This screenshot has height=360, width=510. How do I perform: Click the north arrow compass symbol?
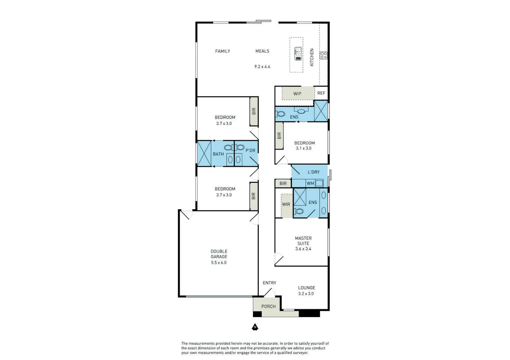point(255,327)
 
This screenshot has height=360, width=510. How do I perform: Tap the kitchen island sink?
point(298,54)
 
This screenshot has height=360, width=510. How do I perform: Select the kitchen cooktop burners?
point(323,55)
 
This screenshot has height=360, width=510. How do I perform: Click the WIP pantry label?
point(297,94)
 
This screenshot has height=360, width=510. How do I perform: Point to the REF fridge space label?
point(321,93)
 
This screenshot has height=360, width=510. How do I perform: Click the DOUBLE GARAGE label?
point(219,254)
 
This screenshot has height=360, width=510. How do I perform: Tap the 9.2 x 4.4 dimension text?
point(262,67)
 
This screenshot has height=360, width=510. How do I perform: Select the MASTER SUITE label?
point(303,241)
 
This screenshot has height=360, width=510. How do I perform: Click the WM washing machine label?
point(310,183)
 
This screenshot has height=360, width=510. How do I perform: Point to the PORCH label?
point(269,306)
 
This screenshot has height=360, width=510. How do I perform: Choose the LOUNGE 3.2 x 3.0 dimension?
point(306,294)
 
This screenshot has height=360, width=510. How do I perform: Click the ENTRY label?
point(269,283)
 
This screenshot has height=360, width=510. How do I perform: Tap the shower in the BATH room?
point(204,154)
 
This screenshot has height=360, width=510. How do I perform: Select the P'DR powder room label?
point(250,150)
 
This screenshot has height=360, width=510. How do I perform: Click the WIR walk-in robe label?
point(286,204)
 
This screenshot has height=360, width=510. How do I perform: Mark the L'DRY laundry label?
point(314,172)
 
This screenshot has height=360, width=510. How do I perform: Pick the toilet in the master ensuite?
point(299,211)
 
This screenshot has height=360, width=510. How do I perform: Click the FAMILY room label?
point(222,51)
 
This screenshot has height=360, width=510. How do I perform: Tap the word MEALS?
point(262,51)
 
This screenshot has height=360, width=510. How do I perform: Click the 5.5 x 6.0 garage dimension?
point(219,263)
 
